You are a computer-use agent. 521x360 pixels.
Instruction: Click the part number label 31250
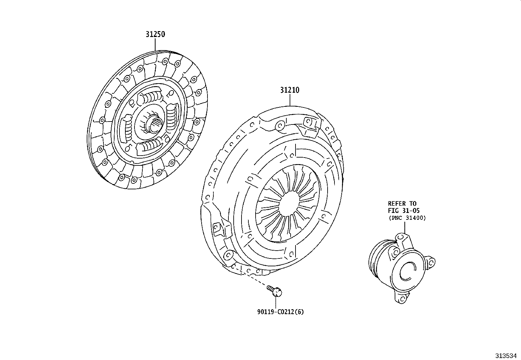point(155,34)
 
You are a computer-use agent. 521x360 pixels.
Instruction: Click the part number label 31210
point(289,90)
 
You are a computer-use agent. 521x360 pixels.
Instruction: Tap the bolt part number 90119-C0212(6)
point(280,312)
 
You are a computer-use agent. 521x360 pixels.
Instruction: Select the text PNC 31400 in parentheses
point(407,218)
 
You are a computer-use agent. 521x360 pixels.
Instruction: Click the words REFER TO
point(402,204)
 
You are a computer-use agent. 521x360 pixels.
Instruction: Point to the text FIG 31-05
point(404,211)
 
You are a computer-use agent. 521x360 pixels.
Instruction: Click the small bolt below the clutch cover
point(275,291)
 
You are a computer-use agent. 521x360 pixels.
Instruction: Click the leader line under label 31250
point(155,45)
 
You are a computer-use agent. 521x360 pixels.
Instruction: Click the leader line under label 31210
point(290,100)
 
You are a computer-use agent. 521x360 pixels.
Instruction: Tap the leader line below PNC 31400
point(405,227)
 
